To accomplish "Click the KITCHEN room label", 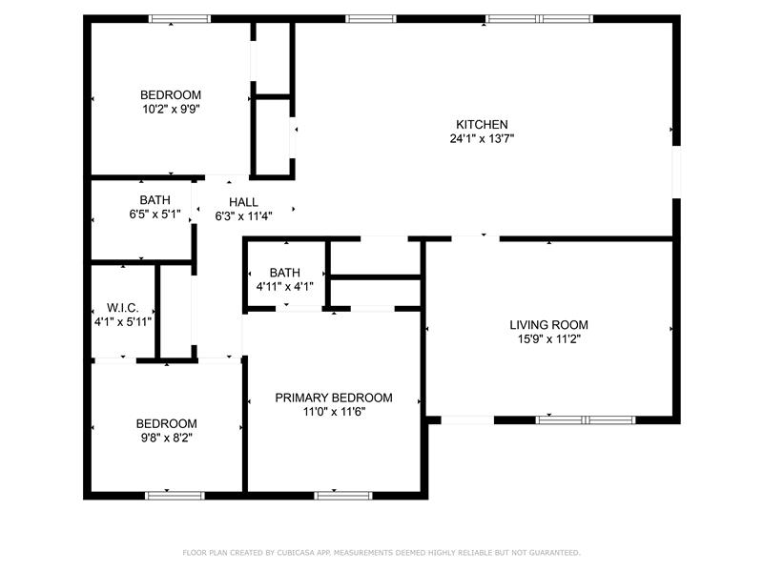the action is (482, 125).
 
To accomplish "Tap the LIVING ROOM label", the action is (549, 325).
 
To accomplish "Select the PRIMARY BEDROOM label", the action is (334, 398).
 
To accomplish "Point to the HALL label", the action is (243, 202).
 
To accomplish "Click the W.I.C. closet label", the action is (123, 308).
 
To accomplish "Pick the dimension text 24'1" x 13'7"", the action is (482, 138).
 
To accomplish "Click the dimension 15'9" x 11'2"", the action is (549, 339).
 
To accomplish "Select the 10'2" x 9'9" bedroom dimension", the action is (171, 109).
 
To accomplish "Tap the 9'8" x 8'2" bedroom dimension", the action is (166, 438).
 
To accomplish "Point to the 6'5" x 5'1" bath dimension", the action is (155, 214).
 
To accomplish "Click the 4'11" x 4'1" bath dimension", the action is (284, 287).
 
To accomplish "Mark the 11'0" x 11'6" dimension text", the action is (334, 412).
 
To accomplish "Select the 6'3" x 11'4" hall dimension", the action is (243, 216).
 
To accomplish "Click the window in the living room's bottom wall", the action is (586, 419).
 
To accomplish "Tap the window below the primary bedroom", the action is (343, 496).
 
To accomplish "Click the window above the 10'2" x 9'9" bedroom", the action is (179, 19).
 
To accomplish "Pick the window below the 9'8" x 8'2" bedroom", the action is (175, 496).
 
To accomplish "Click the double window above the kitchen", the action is (539, 19).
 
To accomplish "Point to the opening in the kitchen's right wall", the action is (676, 172).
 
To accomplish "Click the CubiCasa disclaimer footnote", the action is (381, 553).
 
